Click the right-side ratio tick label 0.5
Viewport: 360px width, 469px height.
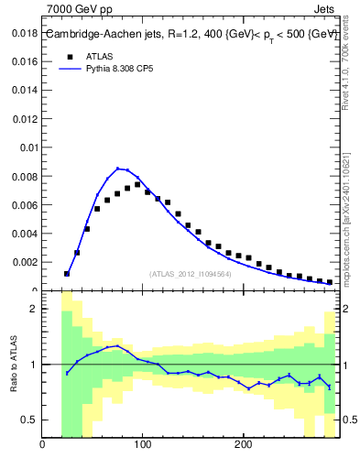point(350,420)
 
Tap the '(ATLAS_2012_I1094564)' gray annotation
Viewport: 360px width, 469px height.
point(190,273)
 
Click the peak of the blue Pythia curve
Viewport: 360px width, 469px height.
point(118,168)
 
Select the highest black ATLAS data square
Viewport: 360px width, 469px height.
point(137,184)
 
